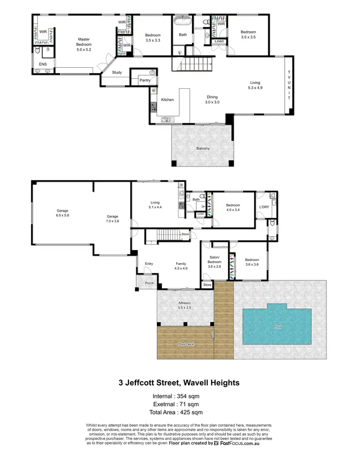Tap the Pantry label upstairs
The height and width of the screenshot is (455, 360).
pos(145,80)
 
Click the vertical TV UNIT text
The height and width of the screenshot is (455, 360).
pos(289,85)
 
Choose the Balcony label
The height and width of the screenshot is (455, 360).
pos(203,148)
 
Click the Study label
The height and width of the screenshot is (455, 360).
pos(117,72)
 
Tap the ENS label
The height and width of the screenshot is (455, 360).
pos(37,63)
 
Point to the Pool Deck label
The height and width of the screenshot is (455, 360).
pos(185,344)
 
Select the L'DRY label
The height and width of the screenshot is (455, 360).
pos(264,207)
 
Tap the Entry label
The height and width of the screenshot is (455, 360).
pos(148,263)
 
